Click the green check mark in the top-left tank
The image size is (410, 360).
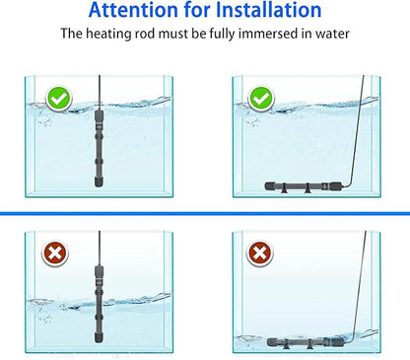[58, 98]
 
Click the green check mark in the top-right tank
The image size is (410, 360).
[261, 98]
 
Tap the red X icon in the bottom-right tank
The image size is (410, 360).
[261, 254]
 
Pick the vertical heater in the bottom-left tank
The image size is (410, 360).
[99, 288]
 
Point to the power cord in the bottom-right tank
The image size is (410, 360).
[369, 286]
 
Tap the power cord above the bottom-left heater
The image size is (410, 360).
[99, 247]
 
